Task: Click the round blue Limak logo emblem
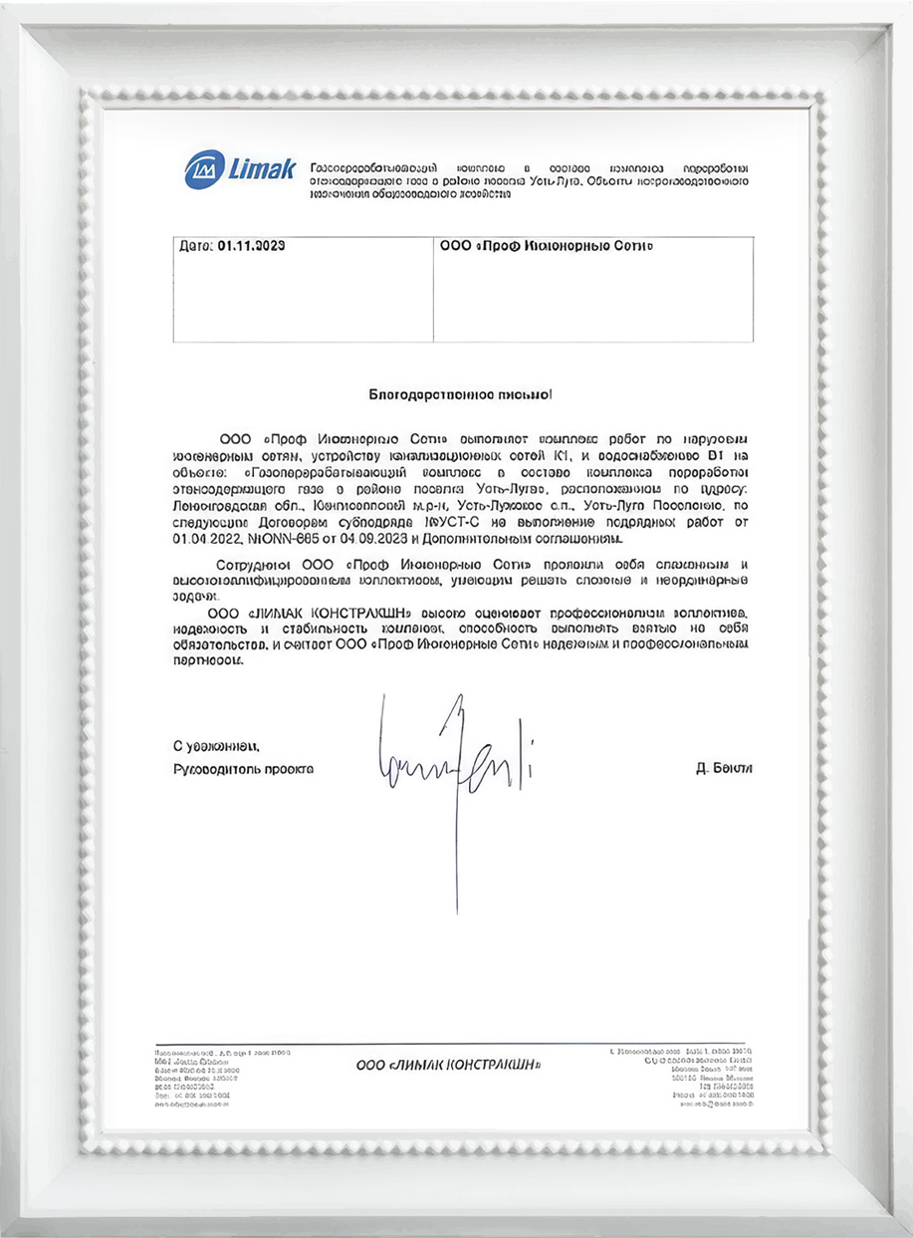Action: (204, 169)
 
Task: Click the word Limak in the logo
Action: (261, 169)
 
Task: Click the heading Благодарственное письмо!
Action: (459, 395)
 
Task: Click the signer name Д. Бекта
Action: (725, 769)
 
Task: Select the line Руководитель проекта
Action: (243, 769)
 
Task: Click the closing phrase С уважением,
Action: (216, 745)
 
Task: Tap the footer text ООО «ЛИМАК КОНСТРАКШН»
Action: (448, 1066)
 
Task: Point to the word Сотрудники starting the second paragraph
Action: (255, 566)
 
